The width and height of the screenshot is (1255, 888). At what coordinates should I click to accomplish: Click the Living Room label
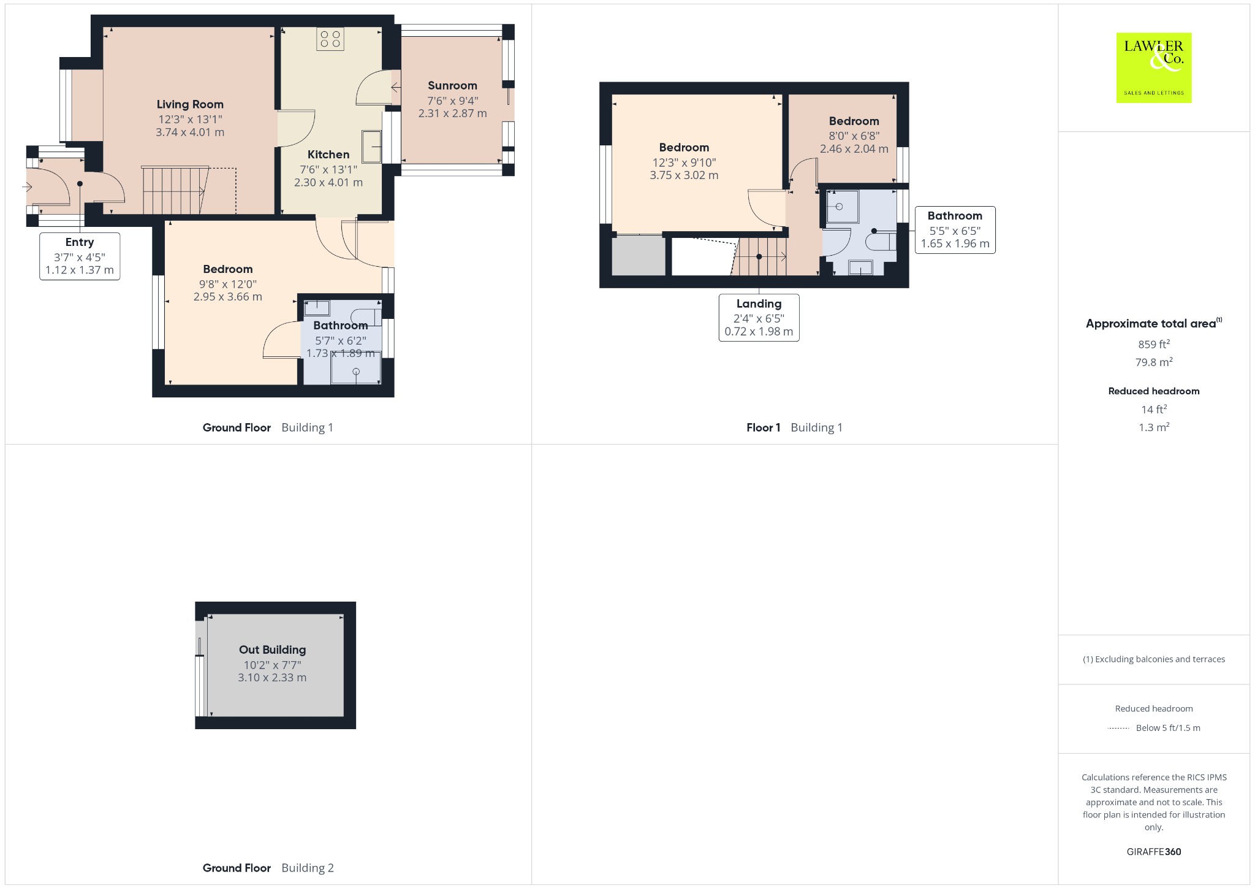(x=190, y=104)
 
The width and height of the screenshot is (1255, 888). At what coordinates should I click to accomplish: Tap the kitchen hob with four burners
(x=330, y=39)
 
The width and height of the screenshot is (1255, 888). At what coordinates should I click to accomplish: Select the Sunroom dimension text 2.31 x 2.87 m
(x=452, y=113)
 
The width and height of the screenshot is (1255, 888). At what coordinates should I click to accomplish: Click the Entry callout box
(x=80, y=256)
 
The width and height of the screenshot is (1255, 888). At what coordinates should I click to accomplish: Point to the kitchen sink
(x=371, y=147)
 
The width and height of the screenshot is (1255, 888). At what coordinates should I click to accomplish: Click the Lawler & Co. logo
(x=1154, y=67)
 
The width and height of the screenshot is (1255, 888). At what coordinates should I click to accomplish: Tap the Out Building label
(x=272, y=649)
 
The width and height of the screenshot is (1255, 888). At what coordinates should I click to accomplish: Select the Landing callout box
(x=759, y=318)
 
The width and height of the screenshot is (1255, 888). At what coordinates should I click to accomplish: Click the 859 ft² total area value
(x=1154, y=344)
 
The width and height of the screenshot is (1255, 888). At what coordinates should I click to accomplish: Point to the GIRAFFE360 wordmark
(x=1154, y=852)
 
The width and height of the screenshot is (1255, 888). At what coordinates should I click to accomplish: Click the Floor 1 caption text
(x=764, y=427)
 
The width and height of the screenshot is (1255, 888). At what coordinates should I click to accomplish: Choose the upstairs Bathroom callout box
(x=955, y=230)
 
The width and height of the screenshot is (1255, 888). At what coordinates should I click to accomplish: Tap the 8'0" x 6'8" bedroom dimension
(x=854, y=136)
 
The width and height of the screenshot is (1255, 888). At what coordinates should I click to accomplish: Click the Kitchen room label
(x=328, y=155)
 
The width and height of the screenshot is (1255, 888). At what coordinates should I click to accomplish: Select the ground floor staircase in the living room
(x=175, y=190)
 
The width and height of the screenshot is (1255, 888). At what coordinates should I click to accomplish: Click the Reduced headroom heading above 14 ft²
(x=1154, y=391)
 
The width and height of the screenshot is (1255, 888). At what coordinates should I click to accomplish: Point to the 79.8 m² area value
(x=1154, y=362)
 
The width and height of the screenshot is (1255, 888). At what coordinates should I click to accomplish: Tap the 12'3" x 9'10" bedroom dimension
(x=684, y=163)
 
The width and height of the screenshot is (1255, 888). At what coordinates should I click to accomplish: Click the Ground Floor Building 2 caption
(x=268, y=868)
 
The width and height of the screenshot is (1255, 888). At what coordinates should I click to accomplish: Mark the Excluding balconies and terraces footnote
(x=1154, y=659)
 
